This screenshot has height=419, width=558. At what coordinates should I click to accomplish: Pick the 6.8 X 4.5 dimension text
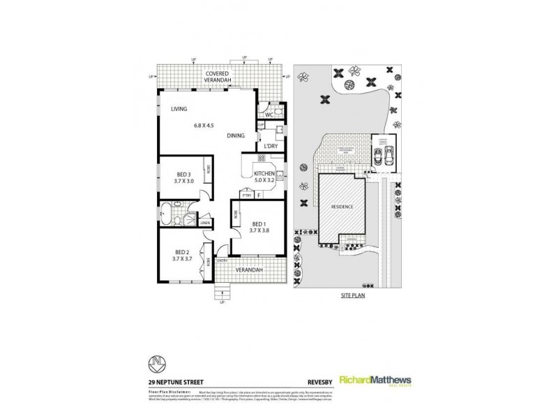203,126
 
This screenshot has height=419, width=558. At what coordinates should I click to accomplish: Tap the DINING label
235,136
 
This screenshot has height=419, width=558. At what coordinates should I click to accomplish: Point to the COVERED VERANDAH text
220,75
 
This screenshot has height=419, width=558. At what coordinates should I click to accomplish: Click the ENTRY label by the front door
223,261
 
